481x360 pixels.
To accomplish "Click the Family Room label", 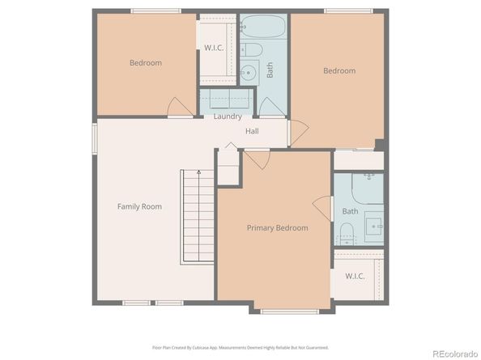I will click(x=139, y=206).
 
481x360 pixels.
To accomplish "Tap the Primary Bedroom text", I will click(x=277, y=228).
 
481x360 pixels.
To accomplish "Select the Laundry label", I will click(x=228, y=116).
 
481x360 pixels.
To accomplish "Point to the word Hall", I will click(x=252, y=131).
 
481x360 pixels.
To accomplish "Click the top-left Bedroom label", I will click(x=146, y=63).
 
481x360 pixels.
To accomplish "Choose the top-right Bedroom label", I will click(x=339, y=71).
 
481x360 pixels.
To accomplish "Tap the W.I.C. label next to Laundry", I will click(x=214, y=48).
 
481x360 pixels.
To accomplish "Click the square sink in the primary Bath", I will click(x=374, y=226).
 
